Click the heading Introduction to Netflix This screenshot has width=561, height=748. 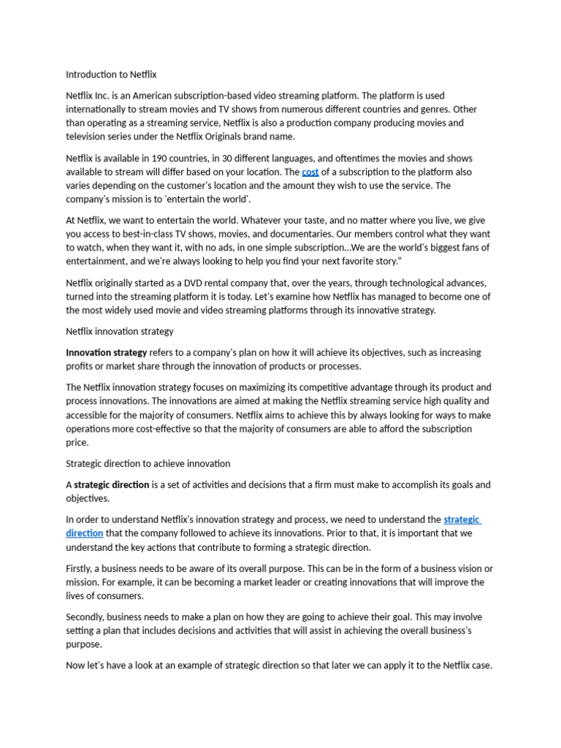[111, 75]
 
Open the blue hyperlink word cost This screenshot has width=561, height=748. [310, 172]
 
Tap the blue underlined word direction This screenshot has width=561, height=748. [84, 533]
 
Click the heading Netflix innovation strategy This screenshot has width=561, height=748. [120, 332]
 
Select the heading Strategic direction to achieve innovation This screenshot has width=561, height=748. [148, 464]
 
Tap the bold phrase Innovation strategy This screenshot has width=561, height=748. [106, 353]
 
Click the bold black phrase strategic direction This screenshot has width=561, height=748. [111, 485]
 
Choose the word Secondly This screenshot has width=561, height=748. [88, 617]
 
